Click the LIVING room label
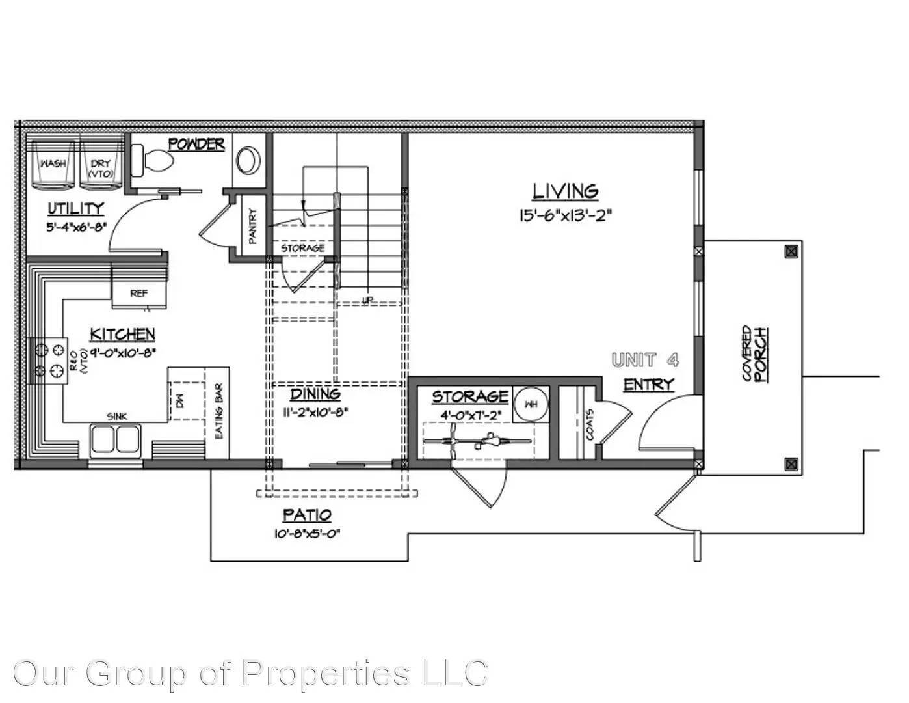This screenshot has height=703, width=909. [565, 191]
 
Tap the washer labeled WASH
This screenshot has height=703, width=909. [53, 164]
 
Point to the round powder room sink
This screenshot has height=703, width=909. [248, 159]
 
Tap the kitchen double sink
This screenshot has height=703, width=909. [116, 439]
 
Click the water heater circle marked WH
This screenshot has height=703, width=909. [531, 404]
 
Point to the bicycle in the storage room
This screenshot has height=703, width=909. [478, 442]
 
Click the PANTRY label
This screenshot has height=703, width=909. [252, 226]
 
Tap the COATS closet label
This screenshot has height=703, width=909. [589, 424]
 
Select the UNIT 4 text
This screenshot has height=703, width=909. [645, 359]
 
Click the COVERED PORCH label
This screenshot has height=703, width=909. [754, 353]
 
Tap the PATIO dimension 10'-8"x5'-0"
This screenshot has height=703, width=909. [307, 534]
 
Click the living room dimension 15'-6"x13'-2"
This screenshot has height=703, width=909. [565, 215]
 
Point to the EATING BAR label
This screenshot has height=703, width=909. [218, 411]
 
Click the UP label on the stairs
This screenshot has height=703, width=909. [368, 300]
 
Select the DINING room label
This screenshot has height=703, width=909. [315, 394]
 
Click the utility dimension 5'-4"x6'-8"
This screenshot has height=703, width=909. [76, 228]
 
